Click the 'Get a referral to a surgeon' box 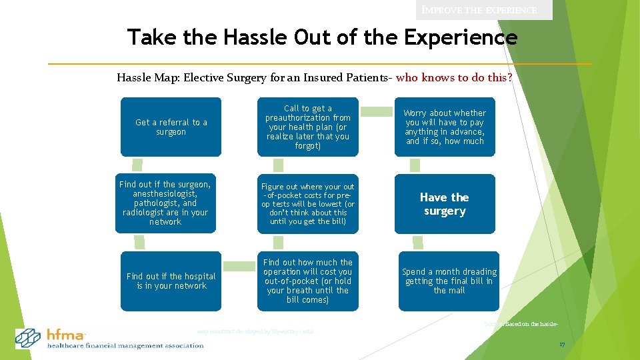point(171,127)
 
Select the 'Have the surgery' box point(445,204)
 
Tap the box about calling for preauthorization point(307,127)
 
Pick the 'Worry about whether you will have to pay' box point(445,127)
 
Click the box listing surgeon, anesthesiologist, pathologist point(165,203)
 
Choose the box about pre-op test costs point(307,204)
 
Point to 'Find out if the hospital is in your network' point(171,281)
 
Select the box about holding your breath point(307,281)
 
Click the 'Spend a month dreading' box point(449,281)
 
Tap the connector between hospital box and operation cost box point(239,266)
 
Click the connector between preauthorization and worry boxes point(376,111)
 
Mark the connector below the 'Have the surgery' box point(418,242)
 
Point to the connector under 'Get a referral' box point(137,164)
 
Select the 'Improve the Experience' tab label point(487,10)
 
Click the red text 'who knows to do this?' point(454,77)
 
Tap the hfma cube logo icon point(29,338)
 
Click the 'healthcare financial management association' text point(125,345)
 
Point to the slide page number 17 point(562,345)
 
